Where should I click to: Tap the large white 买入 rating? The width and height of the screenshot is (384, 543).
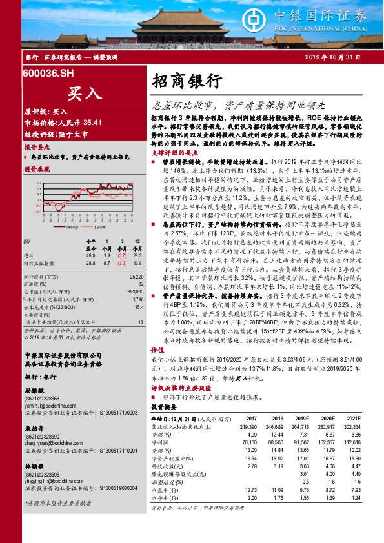point(84,93)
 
